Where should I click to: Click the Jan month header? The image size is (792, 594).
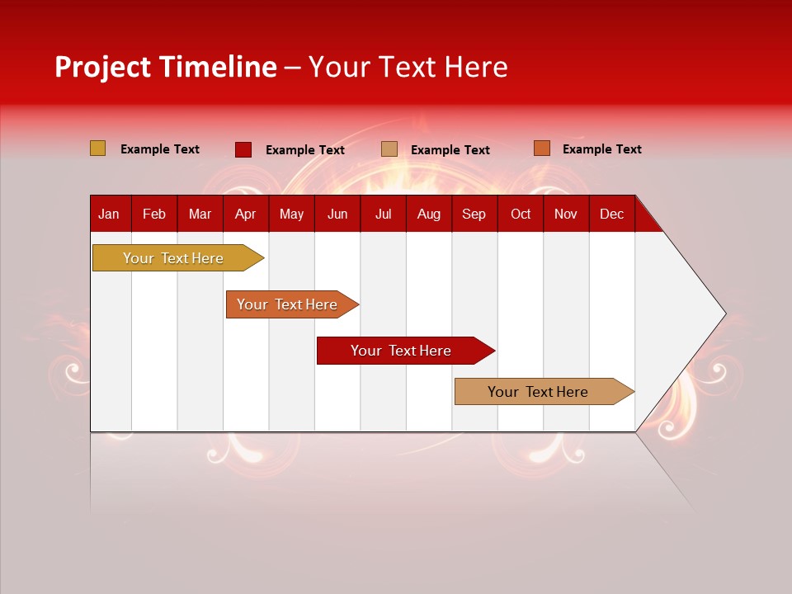coord(109,214)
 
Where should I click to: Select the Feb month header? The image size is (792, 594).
coord(154,214)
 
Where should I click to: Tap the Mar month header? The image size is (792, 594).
coord(200,214)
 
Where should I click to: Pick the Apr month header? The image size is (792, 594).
coord(245,214)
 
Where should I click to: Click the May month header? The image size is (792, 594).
coord(291,214)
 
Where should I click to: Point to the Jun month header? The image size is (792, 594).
coord(337,214)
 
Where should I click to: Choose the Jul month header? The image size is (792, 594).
coord(383,214)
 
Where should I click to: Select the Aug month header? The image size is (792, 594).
coord(429,214)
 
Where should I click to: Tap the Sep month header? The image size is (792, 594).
coord(474,214)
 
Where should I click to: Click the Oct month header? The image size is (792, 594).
coord(521,214)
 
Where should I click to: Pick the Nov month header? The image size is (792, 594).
coord(566,214)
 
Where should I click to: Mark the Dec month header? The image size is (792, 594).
coord(611,214)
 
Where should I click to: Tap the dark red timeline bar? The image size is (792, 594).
coord(402,351)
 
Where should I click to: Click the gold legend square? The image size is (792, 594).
coord(98,148)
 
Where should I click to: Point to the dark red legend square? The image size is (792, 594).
coord(243,149)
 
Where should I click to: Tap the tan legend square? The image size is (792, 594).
coord(389,149)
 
